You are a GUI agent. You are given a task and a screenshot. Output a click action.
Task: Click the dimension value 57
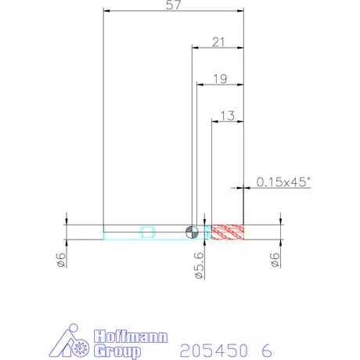pyautogui.click(x=174, y=5)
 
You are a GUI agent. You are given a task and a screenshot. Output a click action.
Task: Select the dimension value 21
pyautogui.click(x=218, y=42)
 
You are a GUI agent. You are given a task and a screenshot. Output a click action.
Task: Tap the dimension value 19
pyautogui.click(x=221, y=79)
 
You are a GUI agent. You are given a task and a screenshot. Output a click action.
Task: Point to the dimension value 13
pyautogui.click(x=228, y=116)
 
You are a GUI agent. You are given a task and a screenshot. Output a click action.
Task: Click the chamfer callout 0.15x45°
pyautogui.click(x=283, y=182)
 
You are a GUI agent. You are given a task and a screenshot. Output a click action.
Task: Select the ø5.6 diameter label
pyautogui.click(x=200, y=265)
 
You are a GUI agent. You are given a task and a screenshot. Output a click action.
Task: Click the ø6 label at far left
pyautogui.click(x=61, y=260)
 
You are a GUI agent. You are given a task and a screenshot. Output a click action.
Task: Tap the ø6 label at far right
pyautogui.click(x=275, y=260)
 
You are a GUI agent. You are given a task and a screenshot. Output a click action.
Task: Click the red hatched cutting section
pyautogui.click(x=228, y=232)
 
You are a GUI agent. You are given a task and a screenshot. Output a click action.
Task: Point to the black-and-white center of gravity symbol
pyautogui.click(x=192, y=232)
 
